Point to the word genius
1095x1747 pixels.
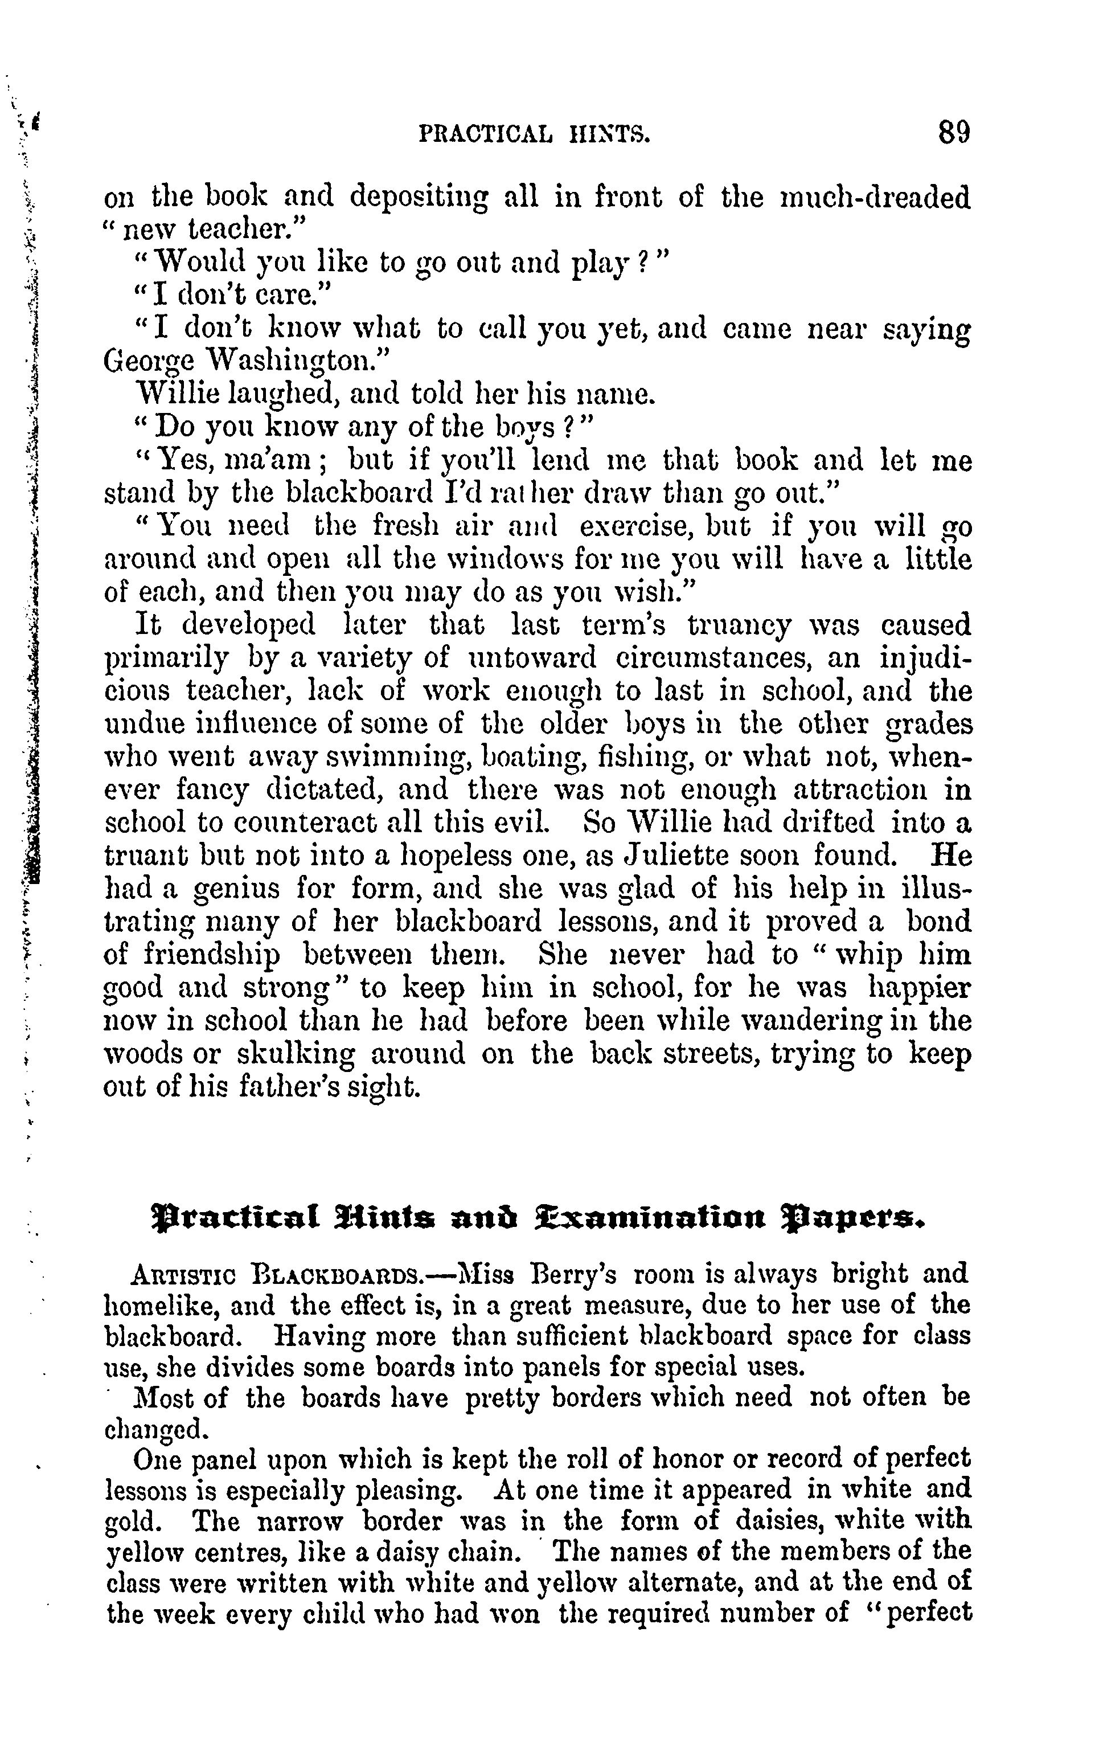(235, 889)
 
